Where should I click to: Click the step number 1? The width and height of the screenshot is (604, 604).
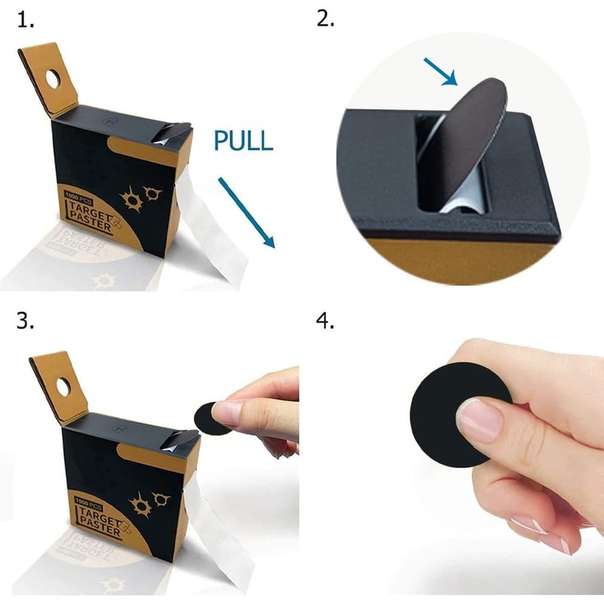(26, 20)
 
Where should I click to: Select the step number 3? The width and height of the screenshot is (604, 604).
(25, 320)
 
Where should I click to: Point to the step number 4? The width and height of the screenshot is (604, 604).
(325, 322)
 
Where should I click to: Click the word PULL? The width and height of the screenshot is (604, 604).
(243, 140)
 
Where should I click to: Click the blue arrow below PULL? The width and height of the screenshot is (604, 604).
(247, 213)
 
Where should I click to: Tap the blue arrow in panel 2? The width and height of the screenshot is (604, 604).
(441, 72)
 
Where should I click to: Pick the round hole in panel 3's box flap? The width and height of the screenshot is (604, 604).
(63, 387)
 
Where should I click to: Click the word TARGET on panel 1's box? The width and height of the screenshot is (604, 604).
(89, 211)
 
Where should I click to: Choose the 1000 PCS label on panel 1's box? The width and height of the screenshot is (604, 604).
(79, 196)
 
